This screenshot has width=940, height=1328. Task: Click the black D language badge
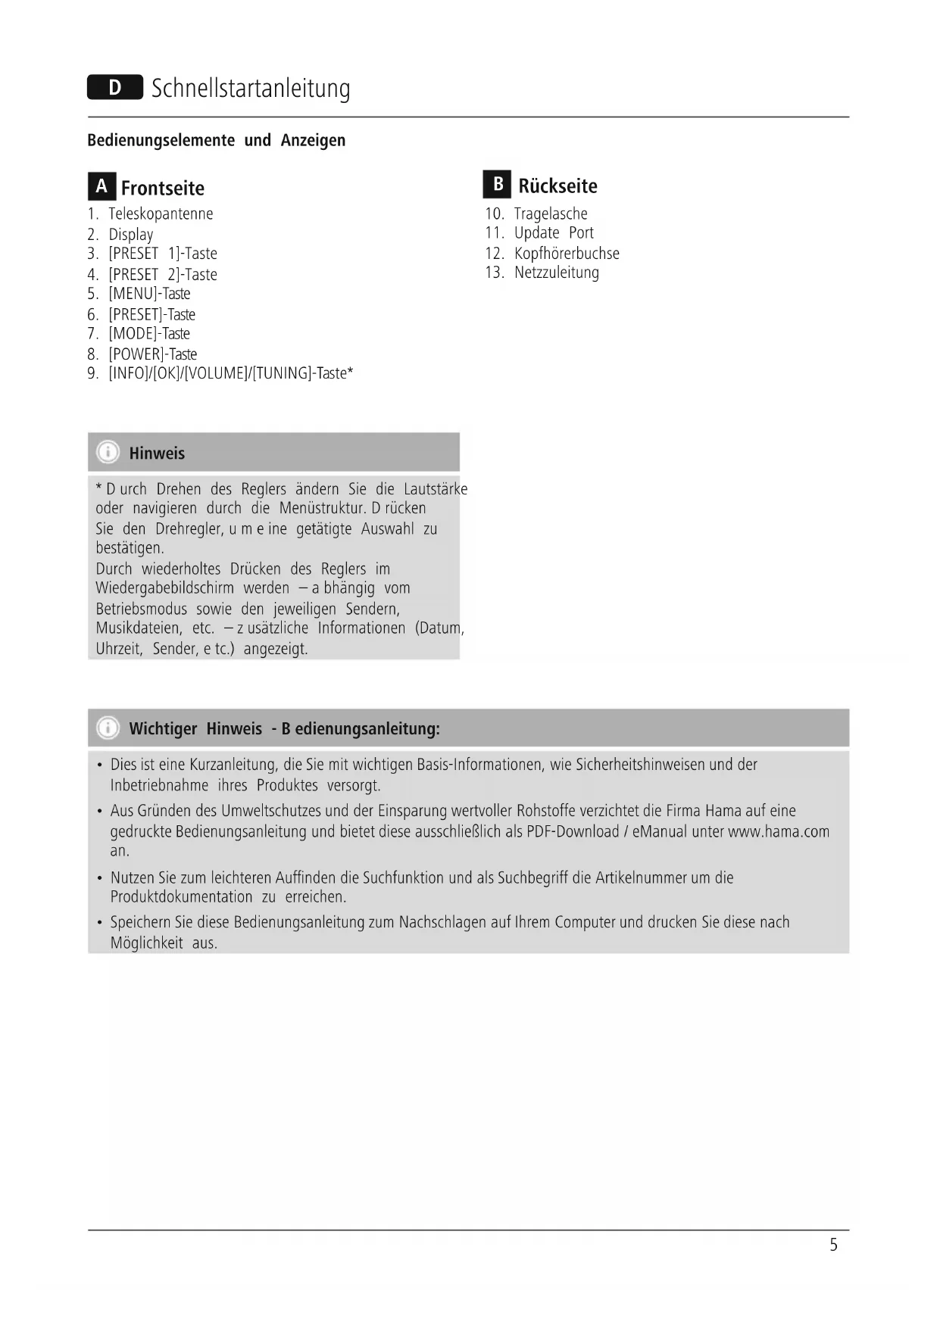coord(114,88)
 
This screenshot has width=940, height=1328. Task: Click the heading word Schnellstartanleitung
coord(251,89)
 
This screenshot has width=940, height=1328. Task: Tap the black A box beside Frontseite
coord(101,186)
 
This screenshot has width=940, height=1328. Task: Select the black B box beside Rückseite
coord(497,184)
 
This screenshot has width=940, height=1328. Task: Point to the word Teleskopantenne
coord(161,214)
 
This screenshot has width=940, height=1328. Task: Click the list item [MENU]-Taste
coord(149,294)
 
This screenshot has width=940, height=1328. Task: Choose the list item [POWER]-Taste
coord(152,354)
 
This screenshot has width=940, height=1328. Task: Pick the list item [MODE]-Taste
coord(149,334)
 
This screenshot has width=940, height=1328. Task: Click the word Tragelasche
coord(551,214)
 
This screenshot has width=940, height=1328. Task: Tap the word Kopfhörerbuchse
coord(567,254)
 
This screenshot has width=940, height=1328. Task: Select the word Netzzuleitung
coord(557,273)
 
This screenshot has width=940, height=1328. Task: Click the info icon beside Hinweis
coord(108,453)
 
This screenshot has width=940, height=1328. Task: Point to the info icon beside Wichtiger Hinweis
coord(108,728)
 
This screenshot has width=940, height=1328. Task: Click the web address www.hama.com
coord(779,832)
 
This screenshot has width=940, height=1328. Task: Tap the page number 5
coord(833,1245)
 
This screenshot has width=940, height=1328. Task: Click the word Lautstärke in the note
coord(436,489)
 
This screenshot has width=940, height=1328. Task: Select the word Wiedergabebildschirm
coord(164,588)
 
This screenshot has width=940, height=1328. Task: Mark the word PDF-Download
coord(573,832)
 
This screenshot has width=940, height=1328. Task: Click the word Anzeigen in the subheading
coord(313,141)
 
